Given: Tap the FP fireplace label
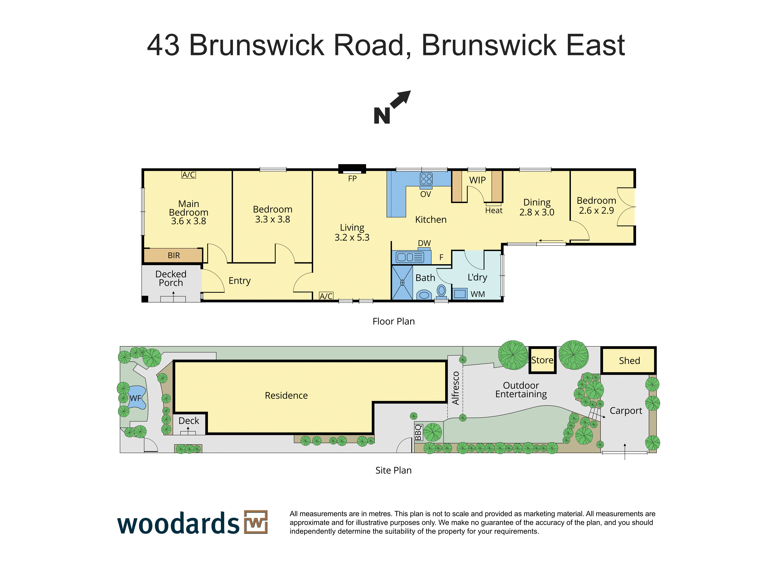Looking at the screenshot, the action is pos(352,179).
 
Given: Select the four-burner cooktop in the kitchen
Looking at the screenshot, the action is pos(426,179).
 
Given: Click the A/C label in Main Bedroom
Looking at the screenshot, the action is pos(189,175).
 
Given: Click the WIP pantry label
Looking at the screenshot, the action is pos(477,180).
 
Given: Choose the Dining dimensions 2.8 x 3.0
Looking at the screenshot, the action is pos(537,212).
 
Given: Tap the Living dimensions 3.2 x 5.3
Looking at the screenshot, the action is pos(352,237).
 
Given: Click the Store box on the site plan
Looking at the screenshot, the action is pos(542,360).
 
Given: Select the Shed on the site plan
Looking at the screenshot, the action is pos(629,360).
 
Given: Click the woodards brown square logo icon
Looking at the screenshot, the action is pos(256,522).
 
